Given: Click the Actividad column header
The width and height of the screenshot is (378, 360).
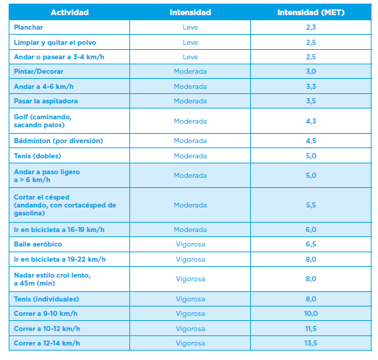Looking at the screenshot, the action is tap(69, 12).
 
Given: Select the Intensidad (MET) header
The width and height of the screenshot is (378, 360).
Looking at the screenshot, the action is tap(311, 12).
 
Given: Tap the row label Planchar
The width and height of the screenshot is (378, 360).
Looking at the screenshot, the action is tap(28, 27).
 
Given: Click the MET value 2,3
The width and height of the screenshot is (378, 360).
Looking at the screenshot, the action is tap(311, 27).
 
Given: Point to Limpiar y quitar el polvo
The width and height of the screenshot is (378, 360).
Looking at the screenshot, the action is tap(55, 43).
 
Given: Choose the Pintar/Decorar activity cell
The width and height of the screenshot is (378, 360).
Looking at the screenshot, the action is tap(38, 72).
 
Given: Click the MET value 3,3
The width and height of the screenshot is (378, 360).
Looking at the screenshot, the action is tap(311, 86).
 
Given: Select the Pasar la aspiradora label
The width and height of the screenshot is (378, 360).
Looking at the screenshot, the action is tap(46, 101).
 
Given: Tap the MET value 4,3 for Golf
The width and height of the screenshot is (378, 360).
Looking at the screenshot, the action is tap(311, 121).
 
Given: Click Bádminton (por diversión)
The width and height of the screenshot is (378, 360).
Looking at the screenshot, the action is tap(59, 141).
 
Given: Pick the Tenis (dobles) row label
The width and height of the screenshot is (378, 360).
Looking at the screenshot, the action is tap(38, 156).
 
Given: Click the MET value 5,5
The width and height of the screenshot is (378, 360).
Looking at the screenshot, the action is tap(311, 205).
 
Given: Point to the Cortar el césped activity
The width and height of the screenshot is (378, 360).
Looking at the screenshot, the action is tap(65, 205).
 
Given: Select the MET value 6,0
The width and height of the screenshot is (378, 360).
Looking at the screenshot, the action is tap(311, 230).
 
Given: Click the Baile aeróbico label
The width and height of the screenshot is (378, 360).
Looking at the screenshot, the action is tap(38, 244).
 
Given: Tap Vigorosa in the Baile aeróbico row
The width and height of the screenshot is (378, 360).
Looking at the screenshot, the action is tap(190, 244).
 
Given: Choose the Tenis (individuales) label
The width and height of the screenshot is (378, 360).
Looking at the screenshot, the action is tap(46, 299).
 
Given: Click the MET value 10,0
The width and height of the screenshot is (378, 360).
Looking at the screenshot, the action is tap(311, 314).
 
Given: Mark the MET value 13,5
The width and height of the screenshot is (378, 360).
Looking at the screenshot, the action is tap(311, 343).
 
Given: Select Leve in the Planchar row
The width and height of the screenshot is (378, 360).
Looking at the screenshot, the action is tap(190, 27).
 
